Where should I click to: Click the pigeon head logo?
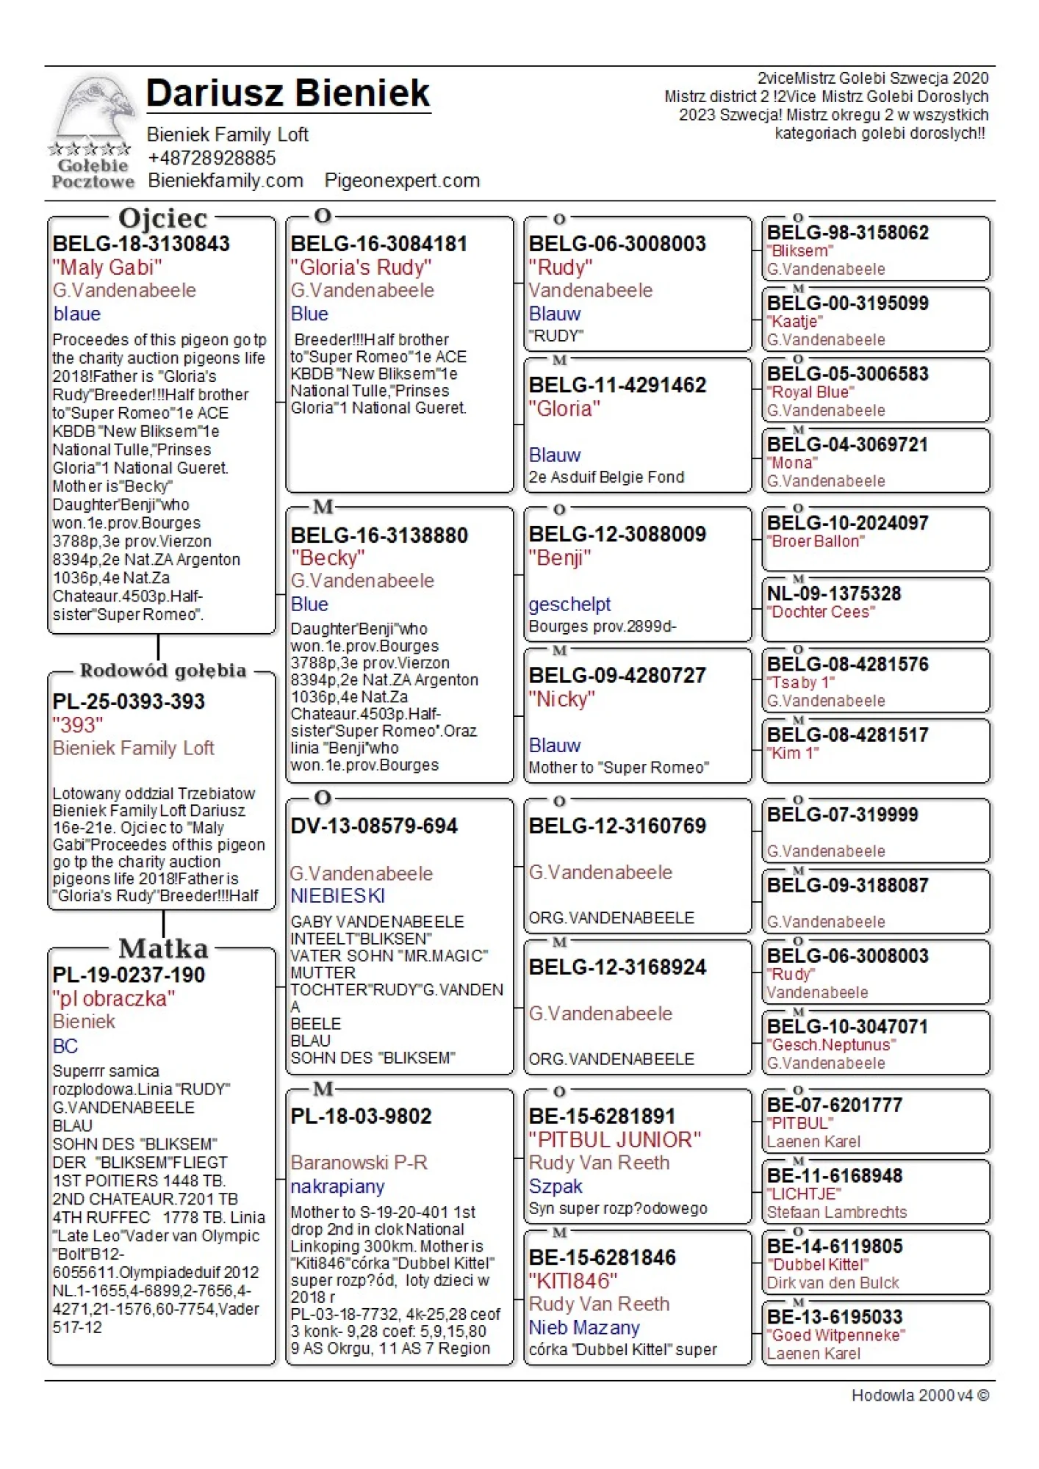point(94,110)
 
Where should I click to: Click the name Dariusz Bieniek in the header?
point(288,93)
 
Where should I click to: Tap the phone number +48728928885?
point(212,158)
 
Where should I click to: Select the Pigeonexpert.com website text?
point(402,181)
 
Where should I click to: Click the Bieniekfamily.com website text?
point(226,181)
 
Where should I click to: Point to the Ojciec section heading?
point(163,218)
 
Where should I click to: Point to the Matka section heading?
point(163,948)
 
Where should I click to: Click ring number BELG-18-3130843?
point(141,244)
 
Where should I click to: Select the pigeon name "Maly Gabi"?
point(107,267)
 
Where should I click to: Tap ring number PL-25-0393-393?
point(129,701)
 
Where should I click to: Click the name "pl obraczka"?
point(114,999)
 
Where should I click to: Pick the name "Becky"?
point(328,558)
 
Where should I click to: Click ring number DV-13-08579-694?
point(374,826)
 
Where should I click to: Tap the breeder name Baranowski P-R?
point(359,1163)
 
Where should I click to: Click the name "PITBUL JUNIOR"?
point(614,1140)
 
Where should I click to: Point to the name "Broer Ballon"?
point(816,541)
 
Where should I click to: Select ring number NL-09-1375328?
point(834,593)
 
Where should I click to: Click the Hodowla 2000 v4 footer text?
point(919,1396)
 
